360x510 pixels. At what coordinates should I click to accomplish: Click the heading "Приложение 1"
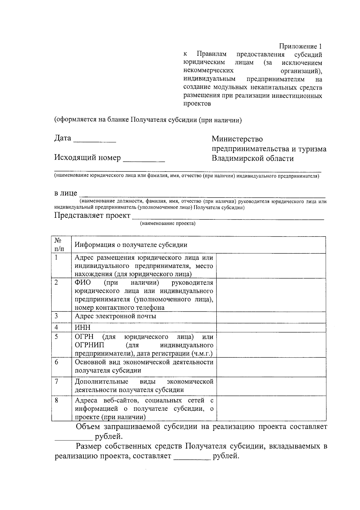(x=301, y=46)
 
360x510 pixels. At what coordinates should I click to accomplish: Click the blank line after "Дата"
(x=94, y=140)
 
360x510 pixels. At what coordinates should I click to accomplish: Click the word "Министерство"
(x=237, y=139)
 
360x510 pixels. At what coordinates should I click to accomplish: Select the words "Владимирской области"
(x=253, y=158)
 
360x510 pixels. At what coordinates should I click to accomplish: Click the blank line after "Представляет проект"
(x=228, y=217)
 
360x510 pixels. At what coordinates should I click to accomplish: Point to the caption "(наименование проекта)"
(x=167, y=223)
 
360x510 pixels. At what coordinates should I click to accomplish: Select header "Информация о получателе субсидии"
(x=131, y=245)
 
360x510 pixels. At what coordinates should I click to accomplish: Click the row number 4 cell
(x=61, y=327)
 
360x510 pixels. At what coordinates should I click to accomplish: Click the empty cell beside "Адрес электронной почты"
(x=271, y=317)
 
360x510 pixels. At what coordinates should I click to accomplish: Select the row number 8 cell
(x=61, y=408)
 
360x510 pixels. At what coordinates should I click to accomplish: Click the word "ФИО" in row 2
(x=83, y=283)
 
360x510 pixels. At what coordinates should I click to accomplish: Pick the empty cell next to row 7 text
(x=271, y=386)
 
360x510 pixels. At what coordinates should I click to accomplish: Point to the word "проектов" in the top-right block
(x=197, y=104)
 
